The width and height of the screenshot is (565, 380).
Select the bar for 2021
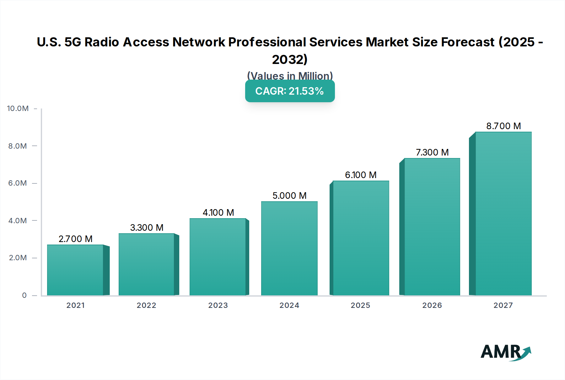pyautogui.click(x=75, y=270)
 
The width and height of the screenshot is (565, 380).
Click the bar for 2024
pyautogui.click(x=289, y=248)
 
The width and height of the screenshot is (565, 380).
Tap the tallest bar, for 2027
pyautogui.click(x=503, y=214)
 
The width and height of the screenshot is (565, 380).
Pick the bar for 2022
pyautogui.click(x=146, y=265)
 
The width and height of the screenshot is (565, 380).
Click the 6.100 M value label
pyautogui.click(x=361, y=175)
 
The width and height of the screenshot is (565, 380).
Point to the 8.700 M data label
pyautogui.click(x=503, y=126)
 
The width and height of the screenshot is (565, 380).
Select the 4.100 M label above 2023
pyautogui.click(x=218, y=213)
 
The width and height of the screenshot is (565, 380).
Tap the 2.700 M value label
pyautogui.click(x=75, y=239)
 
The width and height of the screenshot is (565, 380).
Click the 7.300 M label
pyautogui.click(x=432, y=152)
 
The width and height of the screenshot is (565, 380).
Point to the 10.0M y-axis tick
pyautogui.click(x=18, y=108)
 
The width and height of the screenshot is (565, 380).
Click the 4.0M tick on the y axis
pyautogui.click(x=18, y=221)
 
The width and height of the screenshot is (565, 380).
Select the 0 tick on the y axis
pyautogui.click(x=24, y=295)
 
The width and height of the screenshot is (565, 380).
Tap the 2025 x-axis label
pyautogui.click(x=360, y=305)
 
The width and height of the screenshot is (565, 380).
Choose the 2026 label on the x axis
pyautogui.click(x=432, y=305)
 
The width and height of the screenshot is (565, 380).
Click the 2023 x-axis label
pyautogui.click(x=218, y=305)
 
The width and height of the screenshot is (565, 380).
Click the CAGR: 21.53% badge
pyautogui.click(x=290, y=91)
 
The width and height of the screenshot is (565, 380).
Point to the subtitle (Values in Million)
pyautogui.click(x=290, y=76)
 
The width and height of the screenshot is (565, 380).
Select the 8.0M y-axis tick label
pyautogui.click(x=18, y=146)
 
